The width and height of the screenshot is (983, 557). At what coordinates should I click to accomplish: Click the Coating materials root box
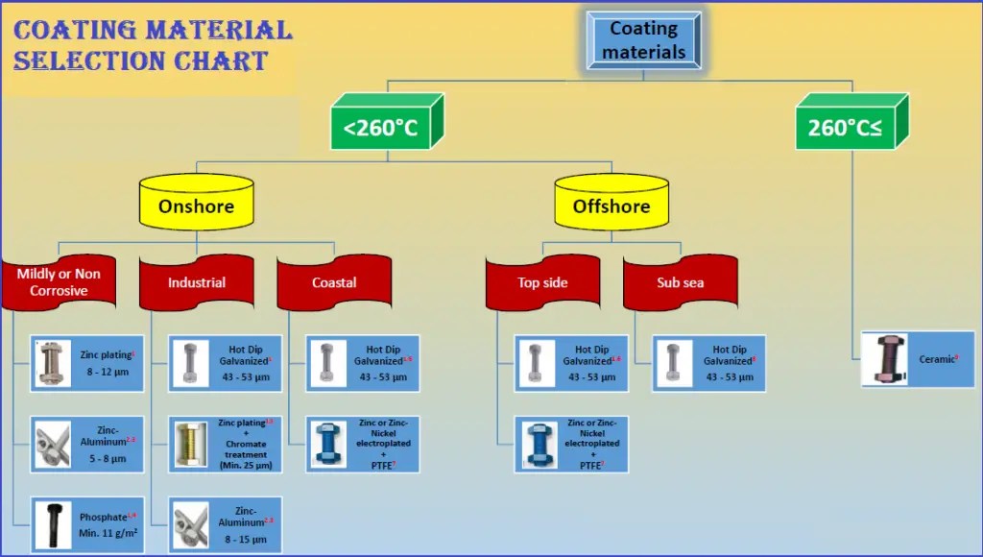(x=643, y=41)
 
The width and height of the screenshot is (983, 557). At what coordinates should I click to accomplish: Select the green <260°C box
(x=382, y=127)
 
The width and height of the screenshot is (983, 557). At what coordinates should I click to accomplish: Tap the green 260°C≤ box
(x=845, y=127)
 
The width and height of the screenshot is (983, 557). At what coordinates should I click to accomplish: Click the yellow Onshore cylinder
(x=196, y=205)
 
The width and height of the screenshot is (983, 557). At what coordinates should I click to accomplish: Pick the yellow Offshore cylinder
(x=611, y=205)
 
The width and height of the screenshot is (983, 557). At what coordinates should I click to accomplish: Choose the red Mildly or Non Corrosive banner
(x=59, y=282)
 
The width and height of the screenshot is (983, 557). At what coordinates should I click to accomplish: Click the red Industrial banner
(x=197, y=282)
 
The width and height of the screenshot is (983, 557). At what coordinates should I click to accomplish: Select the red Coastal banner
(x=334, y=282)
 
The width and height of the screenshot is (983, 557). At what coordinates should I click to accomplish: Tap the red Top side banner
(x=542, y=282)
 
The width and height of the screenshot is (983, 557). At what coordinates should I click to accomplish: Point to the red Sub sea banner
(x=680, y=282)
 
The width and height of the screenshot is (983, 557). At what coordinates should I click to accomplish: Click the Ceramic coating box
(x=918, y=359)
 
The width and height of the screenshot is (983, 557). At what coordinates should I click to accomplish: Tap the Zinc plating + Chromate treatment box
(x=225, y=444)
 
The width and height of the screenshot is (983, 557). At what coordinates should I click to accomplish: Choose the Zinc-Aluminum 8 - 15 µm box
(x=225, y=524)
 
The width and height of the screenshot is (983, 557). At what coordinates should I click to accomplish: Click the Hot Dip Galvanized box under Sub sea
(x=708, y=363)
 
